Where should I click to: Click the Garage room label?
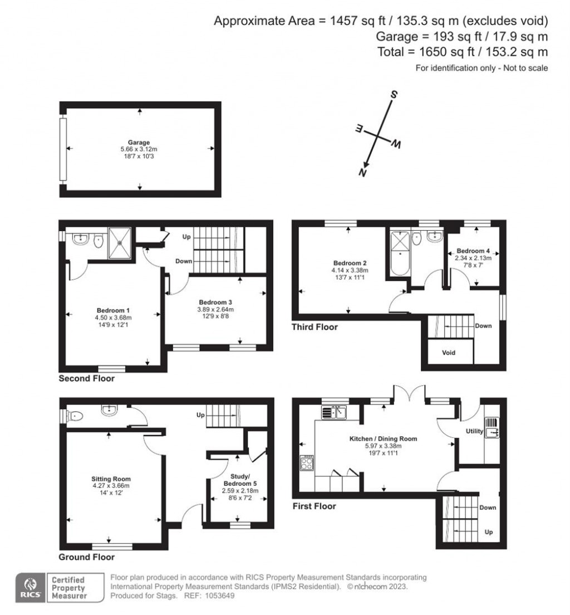[x=139, y=143]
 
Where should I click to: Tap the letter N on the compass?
[x=363, y=173]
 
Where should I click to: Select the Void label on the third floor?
[x=449, y=353]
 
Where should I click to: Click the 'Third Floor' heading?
[x=315, y=327]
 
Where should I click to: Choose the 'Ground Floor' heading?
[x=87, y=557]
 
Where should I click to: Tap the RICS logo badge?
[x=28, y=588]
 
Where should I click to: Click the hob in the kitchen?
[x=307, y=463]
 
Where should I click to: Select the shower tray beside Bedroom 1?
[x=120, y=243]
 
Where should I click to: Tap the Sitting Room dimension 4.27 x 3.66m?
[x=111, y=486]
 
